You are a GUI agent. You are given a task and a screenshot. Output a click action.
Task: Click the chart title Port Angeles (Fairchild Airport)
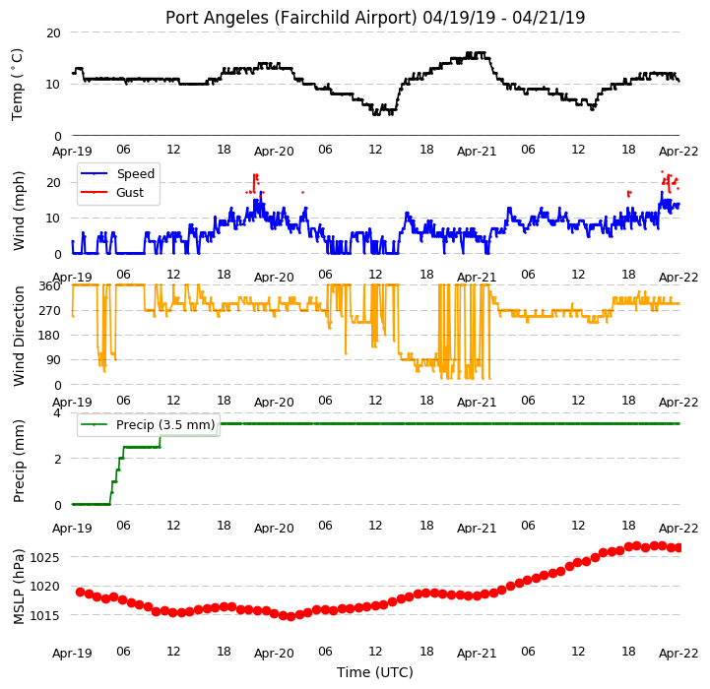click(x=290, y=18)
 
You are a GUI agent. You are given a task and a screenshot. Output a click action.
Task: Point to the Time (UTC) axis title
click(x=375, y=672)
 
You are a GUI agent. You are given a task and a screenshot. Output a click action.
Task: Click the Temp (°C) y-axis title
click(x=17, y=85)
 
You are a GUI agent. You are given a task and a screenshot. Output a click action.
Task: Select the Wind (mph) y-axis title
click(x=19, y=211)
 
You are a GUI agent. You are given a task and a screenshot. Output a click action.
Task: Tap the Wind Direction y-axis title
click(x=19, y=336)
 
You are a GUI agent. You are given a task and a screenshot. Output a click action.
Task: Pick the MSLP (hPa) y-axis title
click(x=19, y=587)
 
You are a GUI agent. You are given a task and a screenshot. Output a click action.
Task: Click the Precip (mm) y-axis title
click(x=19, y=461)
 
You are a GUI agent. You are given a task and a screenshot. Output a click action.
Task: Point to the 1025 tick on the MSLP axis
click(x=44, y=557)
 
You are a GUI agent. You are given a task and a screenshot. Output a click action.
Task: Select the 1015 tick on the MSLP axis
click(x=44, y=615)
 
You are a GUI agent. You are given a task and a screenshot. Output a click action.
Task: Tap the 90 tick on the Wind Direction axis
click(x=53, y=360)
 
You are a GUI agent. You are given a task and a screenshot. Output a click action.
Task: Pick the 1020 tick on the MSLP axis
click(x=44, y=587)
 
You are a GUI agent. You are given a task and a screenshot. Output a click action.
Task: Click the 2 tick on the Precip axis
click(x=57, y=459)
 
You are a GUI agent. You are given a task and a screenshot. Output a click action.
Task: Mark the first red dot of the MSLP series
click(x=80, y=593)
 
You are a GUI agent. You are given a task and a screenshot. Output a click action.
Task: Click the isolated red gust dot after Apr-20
click(x=303, y=192)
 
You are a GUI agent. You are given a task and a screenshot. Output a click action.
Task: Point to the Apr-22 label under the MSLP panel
click(x=678, y=654)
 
